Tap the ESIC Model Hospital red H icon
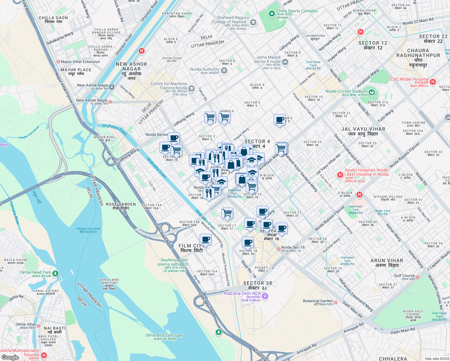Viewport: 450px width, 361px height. click(433, 82)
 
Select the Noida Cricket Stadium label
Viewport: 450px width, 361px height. click(346, 91)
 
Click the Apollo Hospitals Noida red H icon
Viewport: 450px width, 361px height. click(340, 175)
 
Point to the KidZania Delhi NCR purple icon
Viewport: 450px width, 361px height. click(265, 296)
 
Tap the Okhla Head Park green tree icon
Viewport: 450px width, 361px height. click(55, 273)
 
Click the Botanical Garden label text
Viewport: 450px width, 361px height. click(318, 301)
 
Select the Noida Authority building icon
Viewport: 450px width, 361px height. click(224, 71)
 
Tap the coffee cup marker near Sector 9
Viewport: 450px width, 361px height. click(279, 120)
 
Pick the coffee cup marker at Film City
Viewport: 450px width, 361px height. click(205, 239)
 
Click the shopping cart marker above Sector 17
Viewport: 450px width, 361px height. click(227, 213)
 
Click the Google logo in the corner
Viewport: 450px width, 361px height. click(10, 357)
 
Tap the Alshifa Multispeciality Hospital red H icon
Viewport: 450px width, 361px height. click(44, 355)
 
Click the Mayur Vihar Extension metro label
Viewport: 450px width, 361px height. click(80, 62)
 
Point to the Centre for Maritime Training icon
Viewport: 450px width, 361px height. click(192, 89)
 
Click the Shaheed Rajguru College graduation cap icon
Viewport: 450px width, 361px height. click(253, 23)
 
